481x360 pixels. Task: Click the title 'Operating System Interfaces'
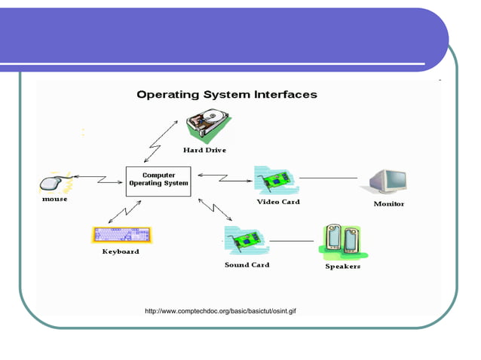[x=226, y=95]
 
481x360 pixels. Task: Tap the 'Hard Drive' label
[x=204, y=150]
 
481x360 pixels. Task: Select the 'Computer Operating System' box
[x=158, y=181]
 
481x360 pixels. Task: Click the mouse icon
[x=55, y=182]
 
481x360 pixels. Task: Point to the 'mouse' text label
[x=54, y=200]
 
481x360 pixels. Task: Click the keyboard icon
[x=121, y=234]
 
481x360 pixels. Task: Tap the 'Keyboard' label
[x=121, y=252]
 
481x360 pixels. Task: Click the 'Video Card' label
[x=278, y=202]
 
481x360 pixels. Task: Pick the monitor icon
[x=388, y=182]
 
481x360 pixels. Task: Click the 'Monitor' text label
[x=389, y=204]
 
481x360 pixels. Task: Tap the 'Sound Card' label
[x=247, y=265]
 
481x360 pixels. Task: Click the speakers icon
[x=342, y=240]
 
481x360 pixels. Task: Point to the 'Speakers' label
[x=342, y=267]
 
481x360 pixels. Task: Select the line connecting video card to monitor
[x=328, y=178]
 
